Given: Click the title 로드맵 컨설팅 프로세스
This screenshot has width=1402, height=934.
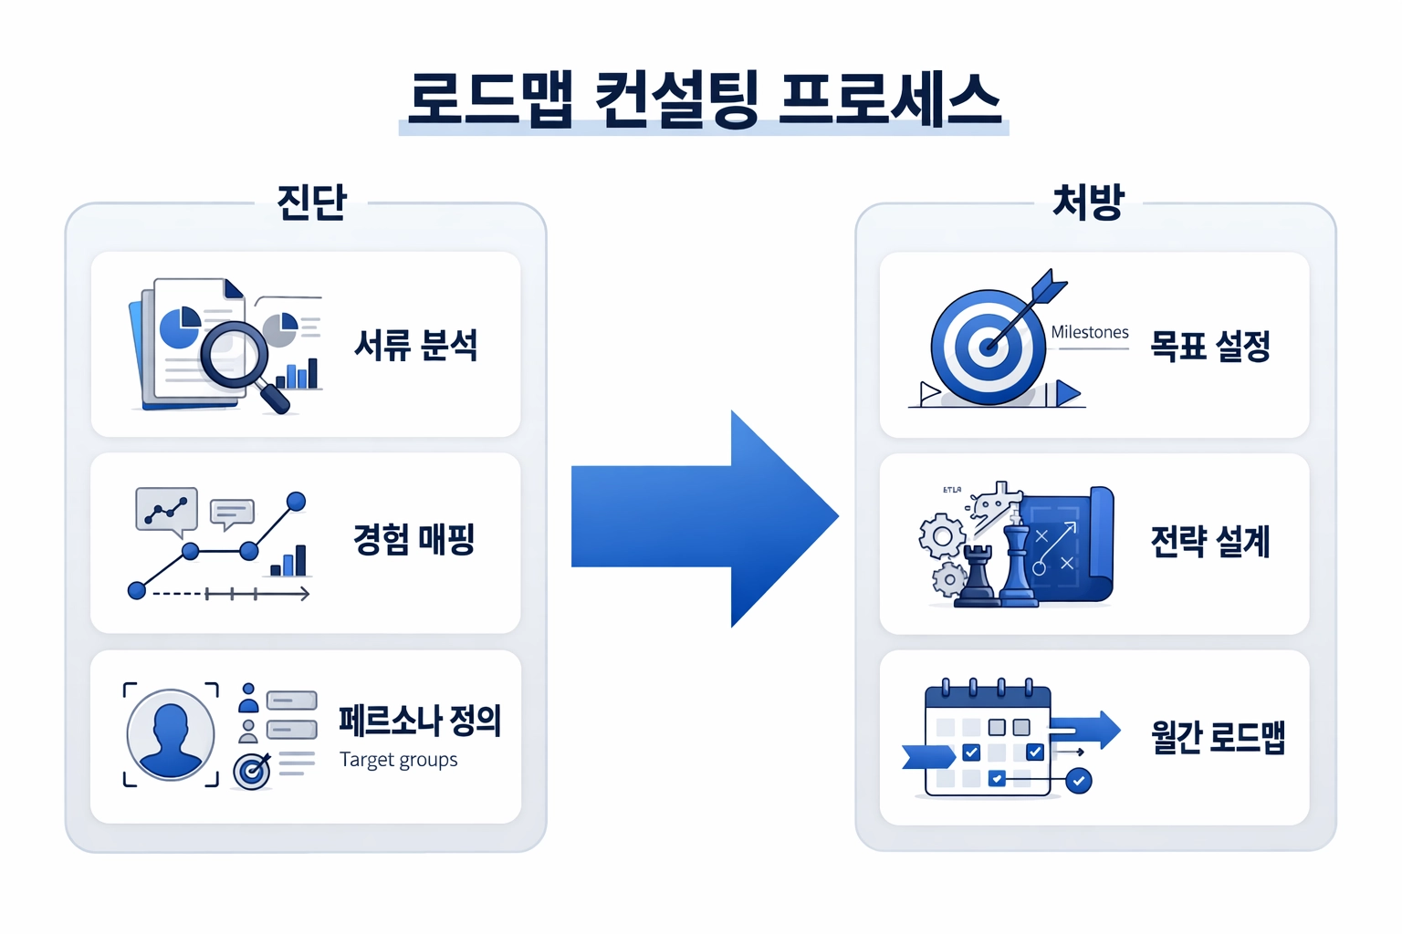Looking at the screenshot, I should pos(704,99).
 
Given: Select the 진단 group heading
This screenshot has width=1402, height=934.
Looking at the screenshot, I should pos(312,202).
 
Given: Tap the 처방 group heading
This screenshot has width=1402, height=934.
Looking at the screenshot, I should pos(1088,202).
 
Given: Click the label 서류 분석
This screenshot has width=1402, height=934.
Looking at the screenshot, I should pos(416,346).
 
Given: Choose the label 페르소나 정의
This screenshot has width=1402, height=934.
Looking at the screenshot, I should pos(420,721).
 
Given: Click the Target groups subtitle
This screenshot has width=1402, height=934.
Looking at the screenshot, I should pos(399,760).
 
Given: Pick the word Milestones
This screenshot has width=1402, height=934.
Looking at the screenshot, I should pos(1090,333).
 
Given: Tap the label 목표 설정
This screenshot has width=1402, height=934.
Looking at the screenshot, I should pos(1210,347).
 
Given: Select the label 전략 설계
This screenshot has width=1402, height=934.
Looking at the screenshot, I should pos(1210,542).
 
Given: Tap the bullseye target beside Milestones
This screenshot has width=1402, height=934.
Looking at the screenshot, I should pos(988,348).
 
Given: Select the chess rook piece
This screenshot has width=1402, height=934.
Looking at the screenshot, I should pos(978,575).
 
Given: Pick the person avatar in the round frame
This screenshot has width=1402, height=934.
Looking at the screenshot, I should pos(171,734).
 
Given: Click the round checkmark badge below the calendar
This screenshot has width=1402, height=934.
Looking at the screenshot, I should pos(1079,781).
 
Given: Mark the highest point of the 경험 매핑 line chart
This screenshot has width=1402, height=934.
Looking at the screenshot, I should pos(296,501).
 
